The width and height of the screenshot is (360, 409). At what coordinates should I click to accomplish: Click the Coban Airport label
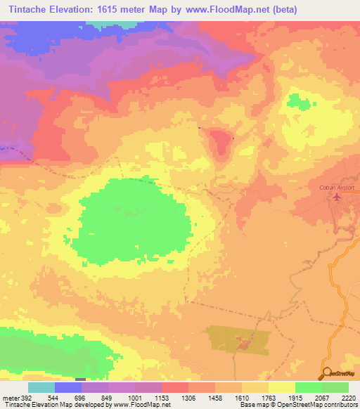tap(334, 188)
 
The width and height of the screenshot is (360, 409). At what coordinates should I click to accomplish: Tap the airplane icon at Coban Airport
tap(336, 197)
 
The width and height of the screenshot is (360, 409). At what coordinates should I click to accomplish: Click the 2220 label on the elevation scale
tap(347, 397)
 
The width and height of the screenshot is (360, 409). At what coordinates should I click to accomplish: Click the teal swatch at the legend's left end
tap(41, 387)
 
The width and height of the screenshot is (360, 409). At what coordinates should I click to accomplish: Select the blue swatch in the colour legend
tap(68, 387)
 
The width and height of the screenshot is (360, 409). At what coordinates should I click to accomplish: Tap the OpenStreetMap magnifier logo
tap(328, 373)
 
